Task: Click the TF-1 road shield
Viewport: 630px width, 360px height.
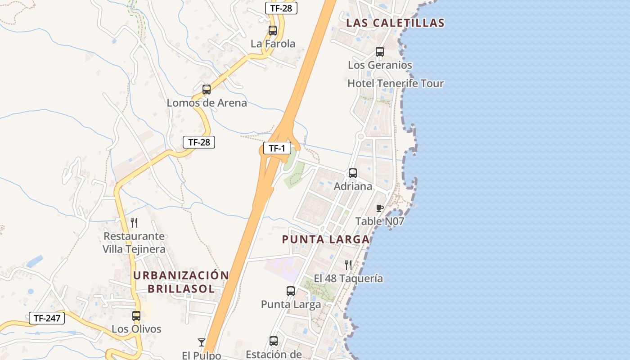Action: pyautogui.click(x=277, y=148)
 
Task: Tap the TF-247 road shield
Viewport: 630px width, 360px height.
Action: pyautogui.click(x=47, y=318)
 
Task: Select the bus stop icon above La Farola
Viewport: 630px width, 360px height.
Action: pyautogui.click(x=273, y=31)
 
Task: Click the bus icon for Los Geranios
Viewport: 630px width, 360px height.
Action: pyautogui.click(x=380, y=52)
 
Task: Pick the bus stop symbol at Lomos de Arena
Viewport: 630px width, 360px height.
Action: pyautogui.click(x=207, y=90)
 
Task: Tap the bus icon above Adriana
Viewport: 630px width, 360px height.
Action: pyautogui.click(x=353, y=173)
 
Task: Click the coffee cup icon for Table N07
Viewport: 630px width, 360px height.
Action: pyautogui.click(x=379, y=208)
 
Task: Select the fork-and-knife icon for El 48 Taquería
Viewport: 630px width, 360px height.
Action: pyautogui.click(x=348, y=265)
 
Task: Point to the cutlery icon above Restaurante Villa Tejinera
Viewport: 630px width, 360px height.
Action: pyautogui.click(x=134, y=223)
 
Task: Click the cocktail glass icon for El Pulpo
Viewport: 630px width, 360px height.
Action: pyautogui.click(x=202, y=342)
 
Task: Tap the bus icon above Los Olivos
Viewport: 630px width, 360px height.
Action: pyautogui.click(x=136, y=316)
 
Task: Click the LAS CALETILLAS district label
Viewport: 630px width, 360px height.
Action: pyautogui.click(x=396, y=23)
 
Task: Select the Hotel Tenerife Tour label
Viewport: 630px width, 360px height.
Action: pyautogui.click(x=396, y=84)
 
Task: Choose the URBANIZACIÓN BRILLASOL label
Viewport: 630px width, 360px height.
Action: pyautogui.click(x=181, y=282)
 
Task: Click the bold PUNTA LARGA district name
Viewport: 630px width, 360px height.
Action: pyautogui.click(x=326, y=239)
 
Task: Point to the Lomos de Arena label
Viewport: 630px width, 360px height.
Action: pyautogui.click(x=207, y=103)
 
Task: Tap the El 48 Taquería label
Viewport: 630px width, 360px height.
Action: pyautogui.click(x=348, y=279)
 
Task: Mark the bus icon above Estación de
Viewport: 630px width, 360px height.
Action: pyautogui.click(x=274, y=341)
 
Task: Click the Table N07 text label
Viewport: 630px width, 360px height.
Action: pyautogui.click(x=380, y=221)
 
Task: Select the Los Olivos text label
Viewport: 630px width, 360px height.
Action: pyautogui.click(x=136, y=329)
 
